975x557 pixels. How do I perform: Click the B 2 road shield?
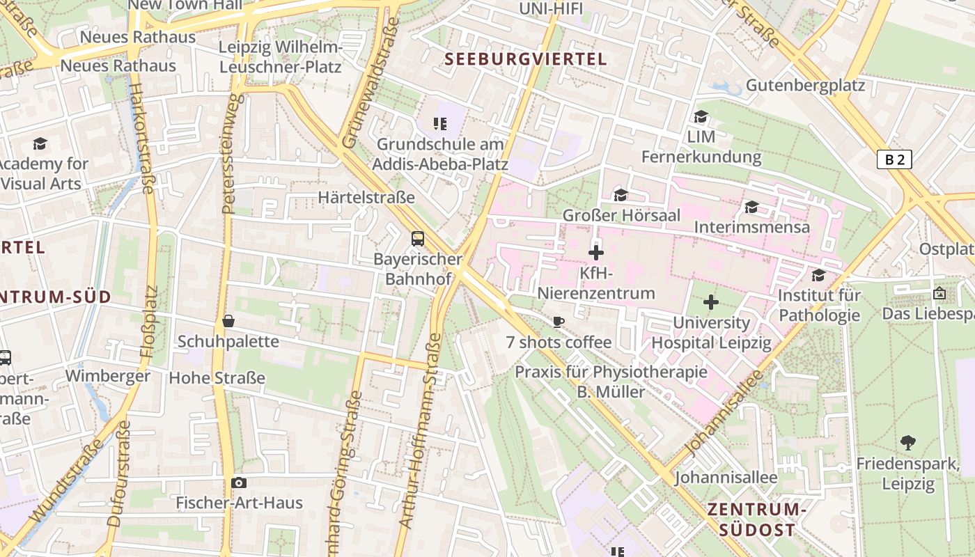(x=894, y=159)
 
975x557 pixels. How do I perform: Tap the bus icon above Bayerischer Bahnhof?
(x=417, y=239)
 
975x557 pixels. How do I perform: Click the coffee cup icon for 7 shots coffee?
(x=558, y=321)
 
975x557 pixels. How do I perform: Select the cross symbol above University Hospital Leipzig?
(x=710, y=302)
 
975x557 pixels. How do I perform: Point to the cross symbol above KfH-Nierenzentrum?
(x=596, y=253)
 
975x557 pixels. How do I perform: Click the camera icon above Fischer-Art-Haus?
(x=239, y=483)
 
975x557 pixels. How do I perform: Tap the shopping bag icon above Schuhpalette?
(x=228, y=321)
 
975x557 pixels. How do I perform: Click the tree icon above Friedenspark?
(x=907, y=442)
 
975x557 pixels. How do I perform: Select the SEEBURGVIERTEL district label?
(x=526, y=59)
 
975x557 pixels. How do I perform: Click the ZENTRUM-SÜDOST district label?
(x=756, y=519)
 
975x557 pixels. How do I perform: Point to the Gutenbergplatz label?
(x=805, y=86)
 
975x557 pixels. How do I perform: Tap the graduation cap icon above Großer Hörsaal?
(x=621, y=195)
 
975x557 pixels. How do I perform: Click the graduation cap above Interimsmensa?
(x=751, y=207)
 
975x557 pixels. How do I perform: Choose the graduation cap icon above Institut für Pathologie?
(x=818, y=275)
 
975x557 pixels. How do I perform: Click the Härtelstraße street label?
(x=366, y=198)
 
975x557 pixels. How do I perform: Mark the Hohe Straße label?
(x=217, y=378)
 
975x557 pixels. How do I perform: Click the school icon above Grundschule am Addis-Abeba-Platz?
(x=439, y=124)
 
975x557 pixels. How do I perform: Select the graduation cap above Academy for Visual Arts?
(x=40, y=144)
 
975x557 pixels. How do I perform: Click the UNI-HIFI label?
(x=551, y=8)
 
